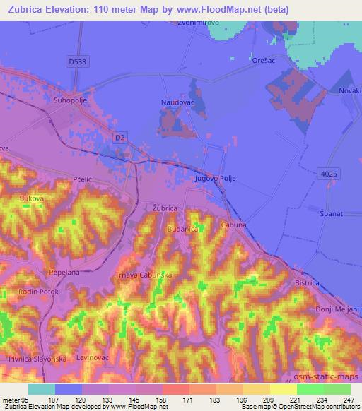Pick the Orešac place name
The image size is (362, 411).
[x=263, y=61]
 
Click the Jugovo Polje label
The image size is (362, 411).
[x=214, y=179]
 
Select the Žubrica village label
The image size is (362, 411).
[x=165, y=209]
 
